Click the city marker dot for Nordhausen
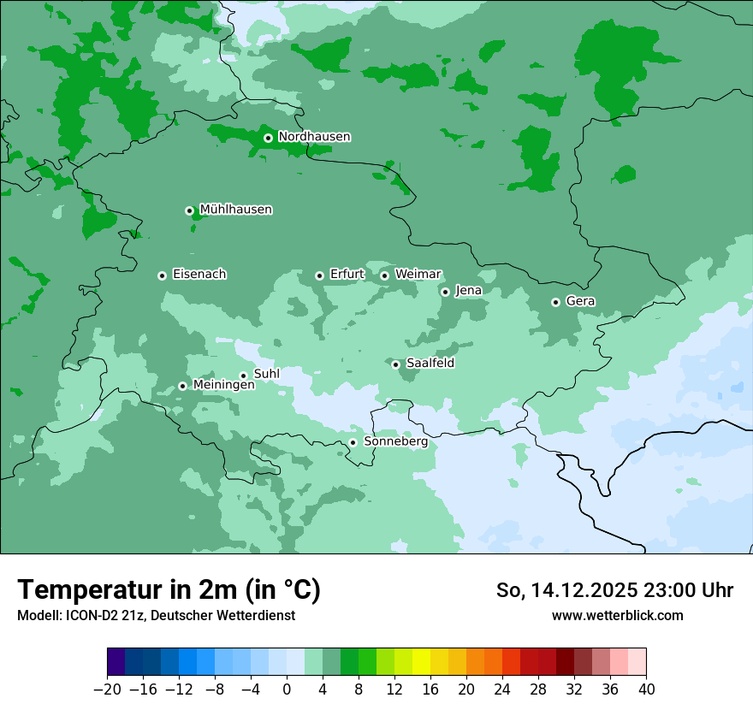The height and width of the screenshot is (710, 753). pyautogui.click(x=268, y=138)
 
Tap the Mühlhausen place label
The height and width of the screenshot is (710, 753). pyautogui.click(x=235, y=210)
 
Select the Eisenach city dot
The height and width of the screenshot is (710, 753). pyautogui.click(x=162, y=275)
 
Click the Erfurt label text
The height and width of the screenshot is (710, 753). pyautogui.click(x=347, y=275)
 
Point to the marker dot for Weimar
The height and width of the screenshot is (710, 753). pyautogui.click(x=384, y=275)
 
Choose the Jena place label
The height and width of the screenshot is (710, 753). pyautogui.click(x=468, y=291)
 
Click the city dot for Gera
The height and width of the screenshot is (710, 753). pyautogui.click(x=555, y=302)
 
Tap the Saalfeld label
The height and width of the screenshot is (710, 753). pyautogui.click(x=430, y=364)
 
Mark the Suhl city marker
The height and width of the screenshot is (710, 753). pyautogui.click(x=243, y=376)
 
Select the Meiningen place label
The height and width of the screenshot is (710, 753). pyautogui.click(x=223, y=386)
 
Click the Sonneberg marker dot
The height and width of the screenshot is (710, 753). pyautogui.click(x=353, y=442)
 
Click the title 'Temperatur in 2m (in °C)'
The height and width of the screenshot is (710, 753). pyautogui.click(x=169, y=590)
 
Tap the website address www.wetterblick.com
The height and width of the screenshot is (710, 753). pyautogui.click(x=617, y=616)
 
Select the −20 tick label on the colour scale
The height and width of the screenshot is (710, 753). pyautogui.click(x=107, y=689)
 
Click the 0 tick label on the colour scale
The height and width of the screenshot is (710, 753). pyautogui.click(x=287, y=689)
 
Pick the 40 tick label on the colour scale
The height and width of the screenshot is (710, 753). pyautogui.click(x=646, y=689)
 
